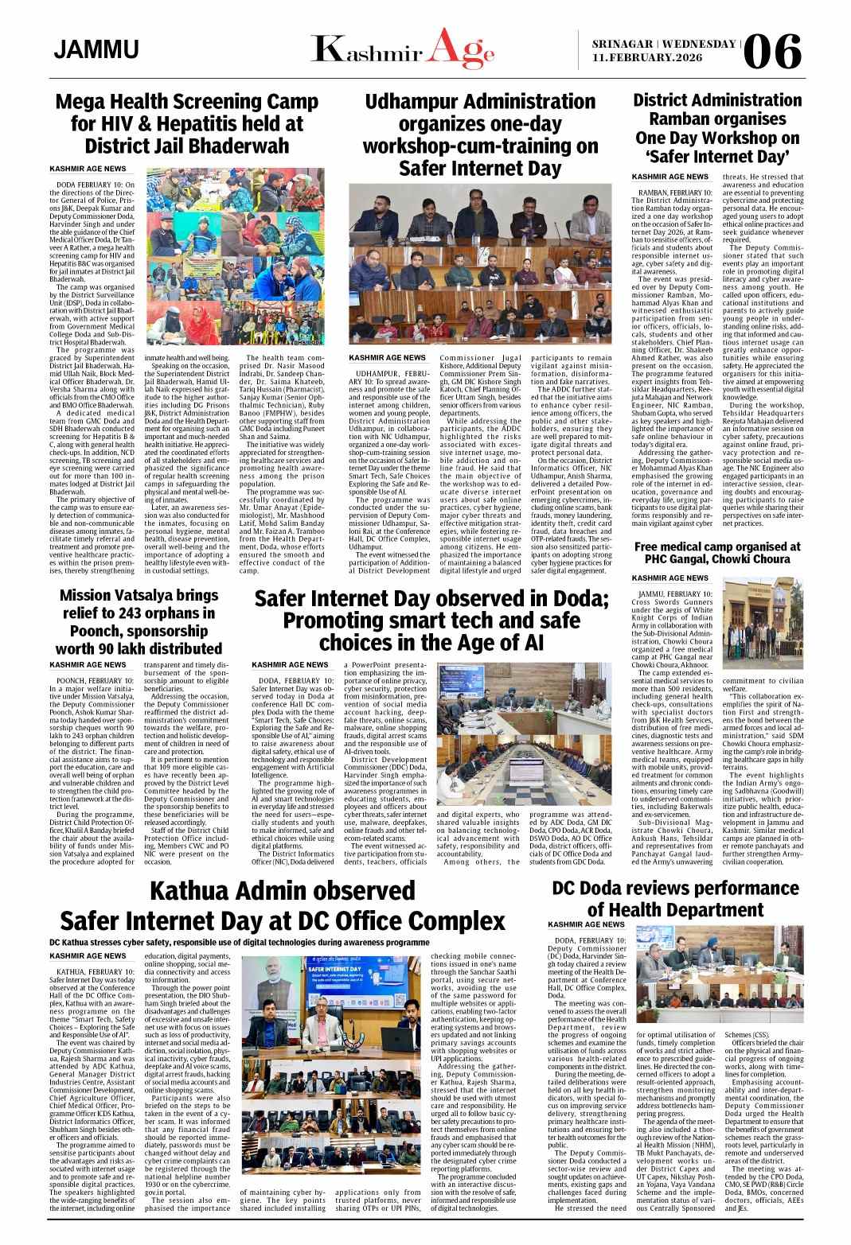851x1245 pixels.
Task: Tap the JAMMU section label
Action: click(x=96, y=50)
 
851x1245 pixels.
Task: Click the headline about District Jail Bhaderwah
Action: click(x=186, y=124)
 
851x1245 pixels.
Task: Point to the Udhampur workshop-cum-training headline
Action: click(x=480, y=134)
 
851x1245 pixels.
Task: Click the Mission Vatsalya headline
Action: click(x=137, y=632)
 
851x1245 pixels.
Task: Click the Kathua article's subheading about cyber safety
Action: click(x=239, y=941)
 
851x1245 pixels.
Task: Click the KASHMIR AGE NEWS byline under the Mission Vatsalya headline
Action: click(x=88, y=664)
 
